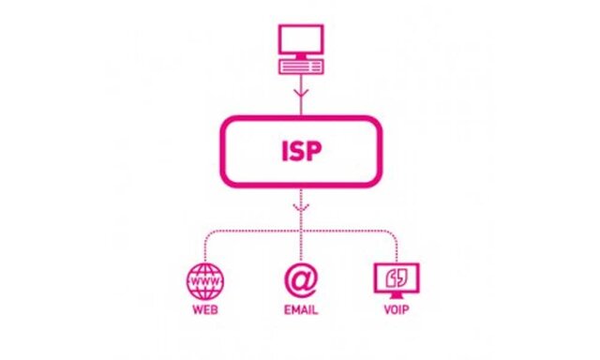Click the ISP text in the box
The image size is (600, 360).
coord(300,151)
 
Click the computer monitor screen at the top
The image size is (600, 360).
coord(300,40)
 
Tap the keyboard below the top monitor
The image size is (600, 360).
coord(300,66)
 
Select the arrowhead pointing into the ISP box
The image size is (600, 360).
coord(300,97)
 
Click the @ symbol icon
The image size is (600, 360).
coord(300,279)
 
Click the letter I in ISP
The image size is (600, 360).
coord(282,151)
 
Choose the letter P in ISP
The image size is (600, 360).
coord(316,151)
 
